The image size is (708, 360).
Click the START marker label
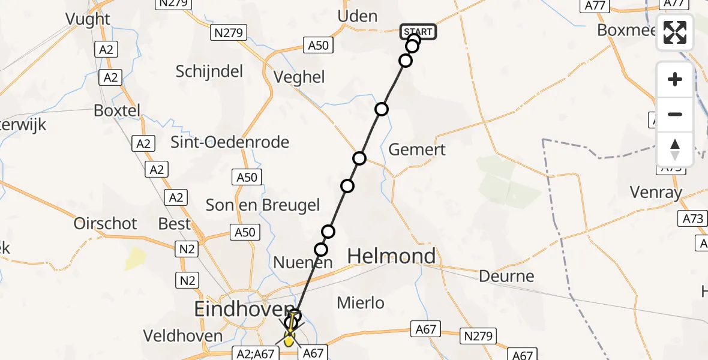tap(418, 32)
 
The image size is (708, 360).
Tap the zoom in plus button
tap(675, 79)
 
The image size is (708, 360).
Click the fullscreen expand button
tap(675, 32)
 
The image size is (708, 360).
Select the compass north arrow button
tap(675, 149)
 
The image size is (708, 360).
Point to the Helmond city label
tap(392, 256)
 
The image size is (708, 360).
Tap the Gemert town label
tap(417, 149)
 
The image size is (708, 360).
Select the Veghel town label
tap(299, 77)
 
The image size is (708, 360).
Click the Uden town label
tap(358, 16)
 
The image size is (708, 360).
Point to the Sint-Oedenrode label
tap(230, 142)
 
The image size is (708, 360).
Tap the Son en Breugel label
tap(263, 205)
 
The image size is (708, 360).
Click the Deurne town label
tap(506, 276)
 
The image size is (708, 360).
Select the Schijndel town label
tap(209, 71)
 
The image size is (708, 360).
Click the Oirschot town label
tap(105, 223)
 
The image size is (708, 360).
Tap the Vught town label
tap(89, 19)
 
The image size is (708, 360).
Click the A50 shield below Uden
tap(318, 45)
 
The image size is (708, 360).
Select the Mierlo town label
tap(361, 303)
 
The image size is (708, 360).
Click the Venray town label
tap(656, 192)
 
